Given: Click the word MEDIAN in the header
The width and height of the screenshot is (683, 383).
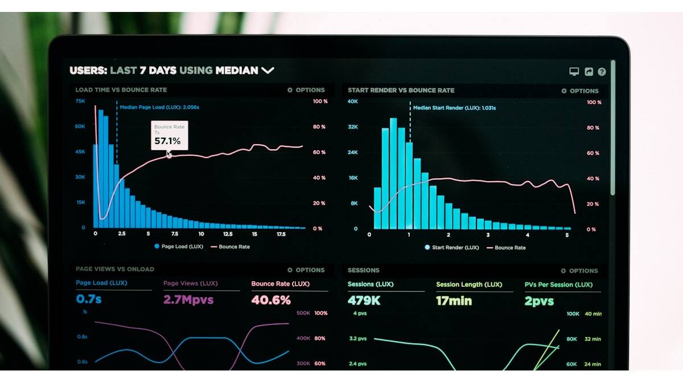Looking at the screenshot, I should pyautogui.click(x=236, y=71).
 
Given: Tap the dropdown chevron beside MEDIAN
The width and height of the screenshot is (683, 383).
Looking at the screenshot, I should pyautogui.click(x=268, y=71).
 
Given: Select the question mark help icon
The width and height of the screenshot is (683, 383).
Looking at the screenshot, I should pyautogui.click(x=602, y=72).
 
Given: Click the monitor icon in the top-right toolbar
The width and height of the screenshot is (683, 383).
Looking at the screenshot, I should pyautogui.click(x=574, y=72).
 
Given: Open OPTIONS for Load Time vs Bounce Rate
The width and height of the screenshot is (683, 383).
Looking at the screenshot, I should pyautogui.click(x=306, y=90).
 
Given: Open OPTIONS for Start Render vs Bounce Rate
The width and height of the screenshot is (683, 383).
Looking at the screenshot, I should pyautogui.click(x=580, y=91).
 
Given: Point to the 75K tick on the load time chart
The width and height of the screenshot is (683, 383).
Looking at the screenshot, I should pyautogui.click(x=80, y=101).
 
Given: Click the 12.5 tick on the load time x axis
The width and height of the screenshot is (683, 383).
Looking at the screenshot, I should pyautogui.click(x=228, y=234).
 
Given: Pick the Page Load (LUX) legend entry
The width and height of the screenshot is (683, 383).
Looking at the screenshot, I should pyautogui.click(x=179, y=246).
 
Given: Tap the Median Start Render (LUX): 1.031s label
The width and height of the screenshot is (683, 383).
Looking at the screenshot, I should pyautogui.click(x=454, y=108).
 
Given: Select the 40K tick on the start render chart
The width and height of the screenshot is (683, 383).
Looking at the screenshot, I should pyautogui.click(x=353, y=102).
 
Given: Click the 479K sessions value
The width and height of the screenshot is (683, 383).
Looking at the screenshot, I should pyautogui.click(x=364, y=300).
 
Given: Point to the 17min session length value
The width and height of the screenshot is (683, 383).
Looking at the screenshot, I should pyautogui.click(x=454, y=300).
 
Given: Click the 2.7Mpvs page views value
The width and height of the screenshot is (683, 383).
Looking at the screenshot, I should pyautogui.click(x=188, y=299).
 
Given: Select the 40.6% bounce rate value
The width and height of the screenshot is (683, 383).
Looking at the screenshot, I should pyautogui.click(x=271, y=299).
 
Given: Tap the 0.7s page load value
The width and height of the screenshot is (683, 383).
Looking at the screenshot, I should pyautogui.click(x=89, y=299).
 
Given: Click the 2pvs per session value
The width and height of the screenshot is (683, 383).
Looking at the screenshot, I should pyautogui.click(x=539, y=301).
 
